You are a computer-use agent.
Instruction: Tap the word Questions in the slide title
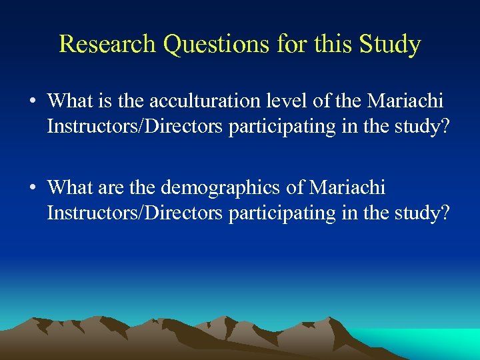tap(216, 44)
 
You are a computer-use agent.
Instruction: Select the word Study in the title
tap(389, 44)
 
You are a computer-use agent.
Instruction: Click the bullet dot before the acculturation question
tap(32, 102)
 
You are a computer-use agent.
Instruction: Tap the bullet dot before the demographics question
tap(32, 189)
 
